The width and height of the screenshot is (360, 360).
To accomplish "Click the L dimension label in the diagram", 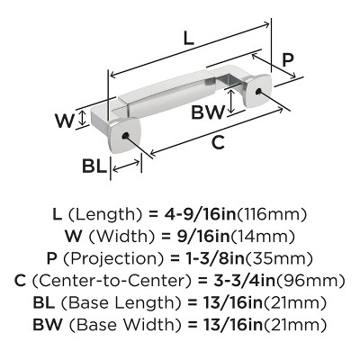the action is tap(189, 39).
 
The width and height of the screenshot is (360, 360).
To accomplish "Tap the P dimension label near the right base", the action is tap(288, 60).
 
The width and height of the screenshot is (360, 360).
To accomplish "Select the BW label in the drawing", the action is tap(208, 112).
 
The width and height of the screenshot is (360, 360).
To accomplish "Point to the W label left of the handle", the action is tap(64, 121).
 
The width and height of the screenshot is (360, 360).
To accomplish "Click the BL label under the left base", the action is tap(94, 166).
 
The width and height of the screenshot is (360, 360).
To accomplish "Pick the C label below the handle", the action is tap(218, 142).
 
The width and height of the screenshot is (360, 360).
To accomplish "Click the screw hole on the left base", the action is tap(125, 136).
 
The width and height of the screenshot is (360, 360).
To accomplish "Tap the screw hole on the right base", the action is tap(258, 91).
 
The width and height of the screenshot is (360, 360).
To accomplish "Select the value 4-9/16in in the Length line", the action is tap(200, 214).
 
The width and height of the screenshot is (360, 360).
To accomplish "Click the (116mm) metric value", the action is tap(272, 214).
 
